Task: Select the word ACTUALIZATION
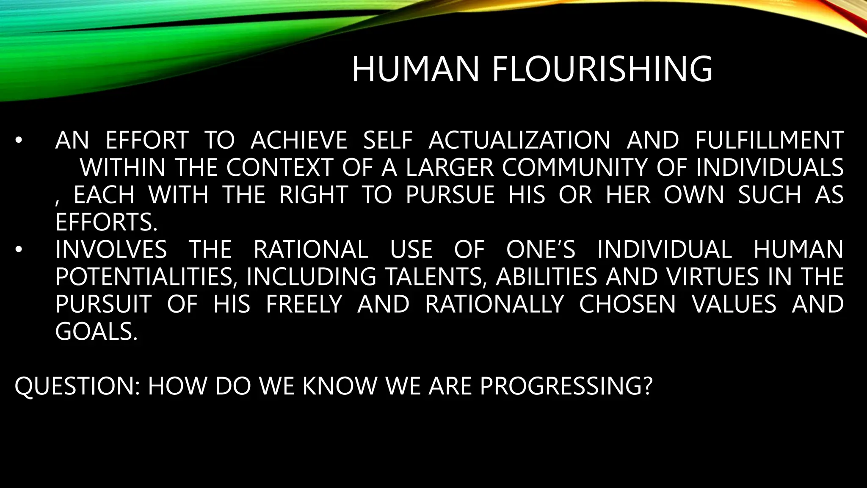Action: point(519,141)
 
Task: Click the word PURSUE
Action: point(450,195)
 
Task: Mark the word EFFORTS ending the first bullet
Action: point(106,222)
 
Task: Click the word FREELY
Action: point(304,304)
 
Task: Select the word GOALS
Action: point(96,332)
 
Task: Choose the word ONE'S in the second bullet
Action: point(541,250)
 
